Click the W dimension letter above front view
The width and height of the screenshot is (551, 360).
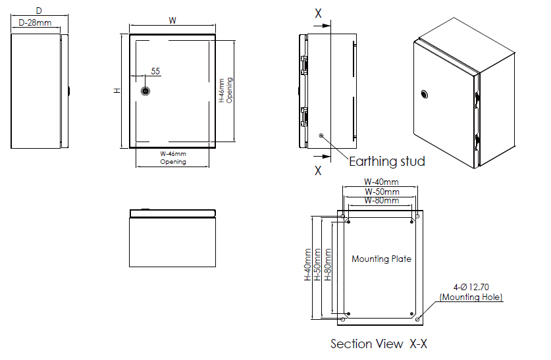172,20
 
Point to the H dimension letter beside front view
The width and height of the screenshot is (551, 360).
116,90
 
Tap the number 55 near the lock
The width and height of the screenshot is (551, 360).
155,71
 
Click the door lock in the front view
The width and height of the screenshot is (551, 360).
146,90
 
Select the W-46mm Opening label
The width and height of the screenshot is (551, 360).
173,158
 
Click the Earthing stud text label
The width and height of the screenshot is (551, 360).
386,161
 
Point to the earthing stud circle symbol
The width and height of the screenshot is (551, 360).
321,136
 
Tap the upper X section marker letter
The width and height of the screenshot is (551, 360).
318,13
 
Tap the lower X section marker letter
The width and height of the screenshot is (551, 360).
318,170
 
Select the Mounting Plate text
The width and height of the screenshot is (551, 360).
381,259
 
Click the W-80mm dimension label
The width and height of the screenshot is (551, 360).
382,200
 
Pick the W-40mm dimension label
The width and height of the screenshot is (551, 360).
381,182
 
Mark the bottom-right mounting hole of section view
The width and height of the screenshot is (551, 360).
418,319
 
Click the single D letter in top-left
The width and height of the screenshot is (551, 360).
39,11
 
